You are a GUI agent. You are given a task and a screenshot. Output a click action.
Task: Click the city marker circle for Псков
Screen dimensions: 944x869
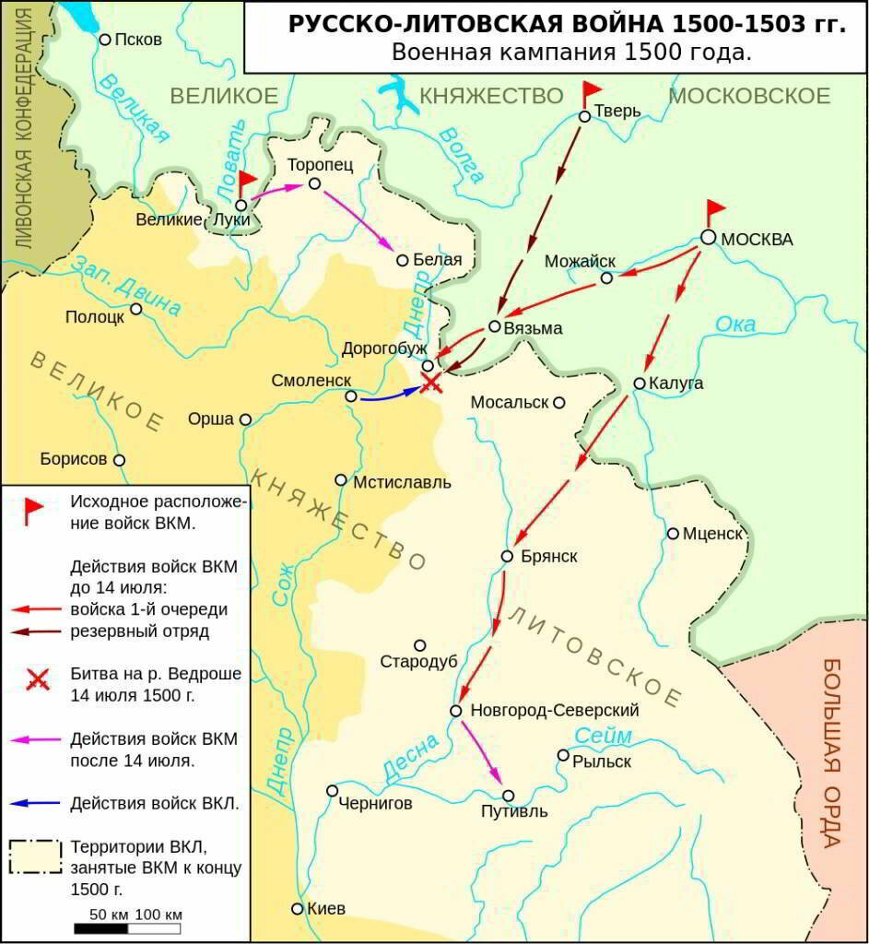tap(105, 40)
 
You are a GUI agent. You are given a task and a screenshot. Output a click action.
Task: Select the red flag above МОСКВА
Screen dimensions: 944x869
tap(715, 212)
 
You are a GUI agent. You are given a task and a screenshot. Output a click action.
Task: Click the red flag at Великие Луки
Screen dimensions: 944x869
tap(246, 183)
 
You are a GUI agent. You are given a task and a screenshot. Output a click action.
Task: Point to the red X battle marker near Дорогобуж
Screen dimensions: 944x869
tap(430, 383)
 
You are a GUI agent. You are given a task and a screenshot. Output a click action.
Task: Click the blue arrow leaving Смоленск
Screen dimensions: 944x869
tap(387, 397)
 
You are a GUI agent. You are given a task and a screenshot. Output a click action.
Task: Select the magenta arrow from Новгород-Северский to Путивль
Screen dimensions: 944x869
tap(481, 751)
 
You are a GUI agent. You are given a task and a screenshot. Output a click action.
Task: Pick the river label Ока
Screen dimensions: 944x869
tap(735, 324)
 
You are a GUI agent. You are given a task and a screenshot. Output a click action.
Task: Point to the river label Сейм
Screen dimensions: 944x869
tap(604, 735)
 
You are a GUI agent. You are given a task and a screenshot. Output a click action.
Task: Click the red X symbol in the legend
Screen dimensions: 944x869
tap(37, 681)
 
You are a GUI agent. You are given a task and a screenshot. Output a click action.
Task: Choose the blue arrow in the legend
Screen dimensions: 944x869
tap(37, 803)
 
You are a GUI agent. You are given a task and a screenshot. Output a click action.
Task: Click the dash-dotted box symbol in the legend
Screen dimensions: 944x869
tap(36, 856)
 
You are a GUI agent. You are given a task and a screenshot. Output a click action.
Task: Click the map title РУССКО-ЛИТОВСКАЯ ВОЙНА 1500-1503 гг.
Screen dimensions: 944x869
tap(566, 24)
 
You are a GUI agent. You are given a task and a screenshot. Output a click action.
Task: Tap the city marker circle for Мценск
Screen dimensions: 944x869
tap(673, 534)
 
